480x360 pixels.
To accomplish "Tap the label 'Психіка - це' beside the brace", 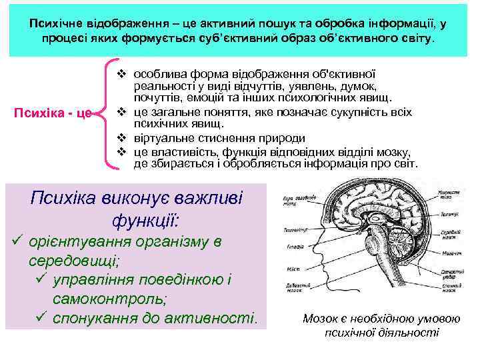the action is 53,111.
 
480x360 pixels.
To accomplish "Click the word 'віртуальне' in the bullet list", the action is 159,139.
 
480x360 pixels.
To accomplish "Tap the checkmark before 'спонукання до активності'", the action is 40,317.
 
